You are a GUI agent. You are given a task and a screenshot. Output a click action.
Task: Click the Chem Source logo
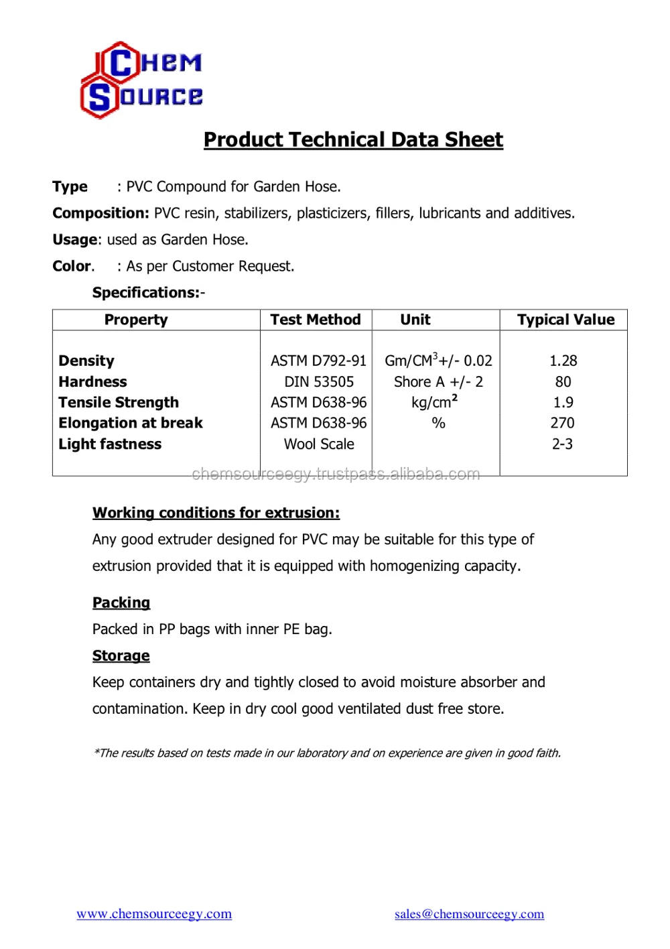click(x=141, y=80)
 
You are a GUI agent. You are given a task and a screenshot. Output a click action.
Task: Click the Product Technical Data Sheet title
click(x=353, y=139)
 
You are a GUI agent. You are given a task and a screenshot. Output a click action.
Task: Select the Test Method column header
click(x=316, y=320)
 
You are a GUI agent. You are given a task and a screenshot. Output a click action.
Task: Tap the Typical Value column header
click(x=565, y=320)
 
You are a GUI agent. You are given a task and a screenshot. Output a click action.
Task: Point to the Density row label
click(x=86, y=361)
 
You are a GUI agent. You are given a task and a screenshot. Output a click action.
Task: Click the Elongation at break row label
click(x=131, y=423)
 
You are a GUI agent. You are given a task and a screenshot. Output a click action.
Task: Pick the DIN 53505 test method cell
click(x=319, y=382)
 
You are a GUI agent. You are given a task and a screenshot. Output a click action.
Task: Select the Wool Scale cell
click(x=319, y=444)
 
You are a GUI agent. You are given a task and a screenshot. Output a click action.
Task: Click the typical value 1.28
click(x=563, y=361)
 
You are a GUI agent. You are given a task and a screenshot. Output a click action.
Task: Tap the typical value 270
click(x=562, y=423)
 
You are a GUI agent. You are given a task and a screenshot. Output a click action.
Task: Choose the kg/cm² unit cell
click(x=434, y=402)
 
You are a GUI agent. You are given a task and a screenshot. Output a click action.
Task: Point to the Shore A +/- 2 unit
click(x=438, y=382)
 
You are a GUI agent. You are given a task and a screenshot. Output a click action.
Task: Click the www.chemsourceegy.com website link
click(x=154, y=913)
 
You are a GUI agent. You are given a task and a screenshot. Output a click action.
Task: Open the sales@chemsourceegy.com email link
click(x=469, y=913)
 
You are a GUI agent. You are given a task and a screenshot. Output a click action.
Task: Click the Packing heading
click(x=121, y=603)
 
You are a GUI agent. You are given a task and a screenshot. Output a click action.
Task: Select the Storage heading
click(x=121, y=655)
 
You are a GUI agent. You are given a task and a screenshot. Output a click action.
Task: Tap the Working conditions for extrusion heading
click(x=216, y=513)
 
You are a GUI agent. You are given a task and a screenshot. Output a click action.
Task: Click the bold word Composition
click(x=100, y=213)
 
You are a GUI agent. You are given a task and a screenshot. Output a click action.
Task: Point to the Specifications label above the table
click(x=148, y=292)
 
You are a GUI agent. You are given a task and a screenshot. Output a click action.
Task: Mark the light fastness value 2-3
click(x=562, y=444)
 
